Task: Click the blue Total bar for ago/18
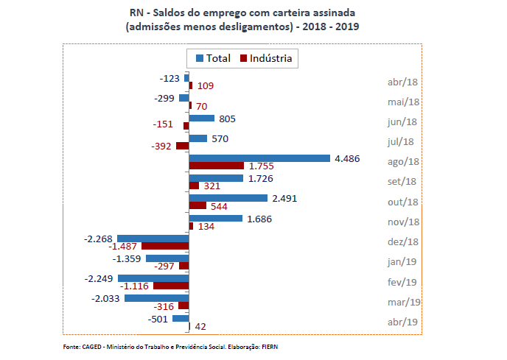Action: click(259, 158)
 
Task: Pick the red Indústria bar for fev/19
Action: click(171, 285)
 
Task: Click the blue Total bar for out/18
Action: click(228, 198)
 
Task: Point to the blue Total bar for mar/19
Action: click(156, 298)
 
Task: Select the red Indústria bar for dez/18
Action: click(165, 245)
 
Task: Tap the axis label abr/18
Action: click(403, 82)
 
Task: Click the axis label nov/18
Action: click(404, 222)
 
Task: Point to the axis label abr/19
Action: click(403, 322)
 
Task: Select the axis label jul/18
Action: click(404, 142)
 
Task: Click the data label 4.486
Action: click(346, 158)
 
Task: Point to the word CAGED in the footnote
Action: click(93, 346)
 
